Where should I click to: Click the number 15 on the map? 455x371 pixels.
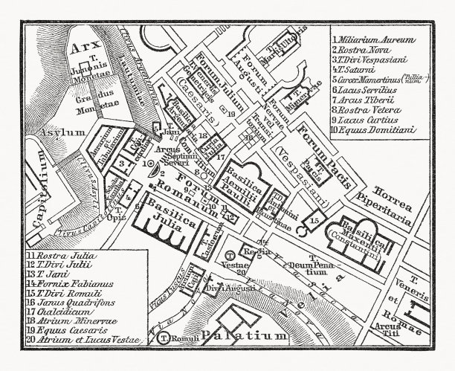click(x=315, y=222)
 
